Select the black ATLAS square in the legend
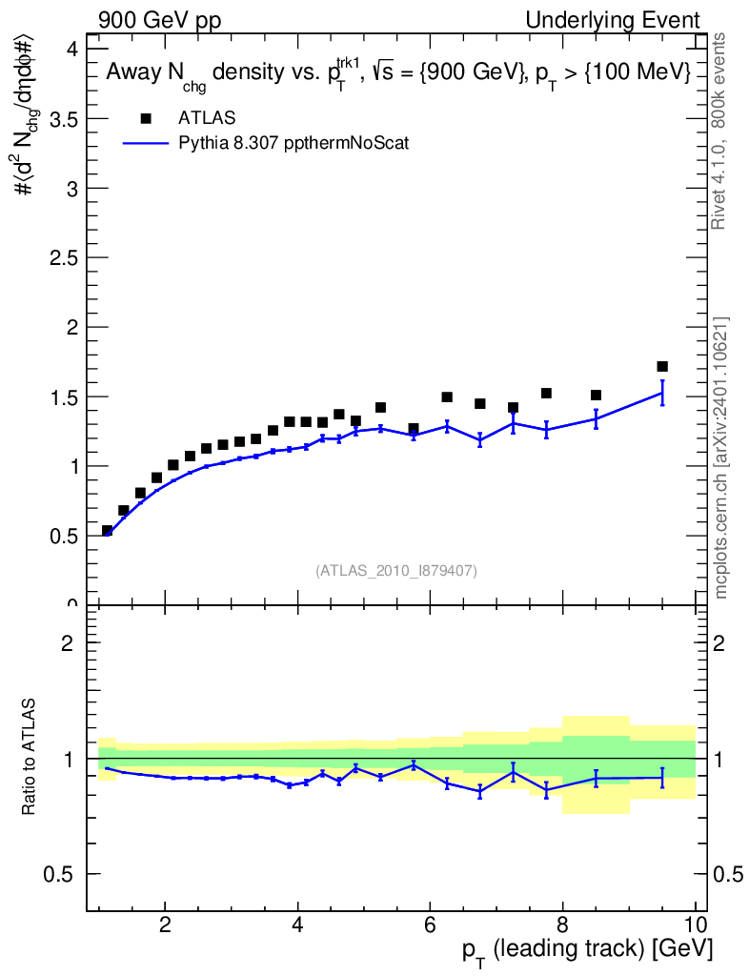pos(146,118)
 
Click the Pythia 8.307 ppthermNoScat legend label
pos(294,144)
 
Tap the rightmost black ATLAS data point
pos(662,366)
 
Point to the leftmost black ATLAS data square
pos(108,530)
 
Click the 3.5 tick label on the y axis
pos(65,118)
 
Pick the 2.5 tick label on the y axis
pos(65,257)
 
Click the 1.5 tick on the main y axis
pos(65,396)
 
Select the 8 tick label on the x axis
pos(562,924)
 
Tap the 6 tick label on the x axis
pos(430,924)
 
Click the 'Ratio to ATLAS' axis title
pos(30,758)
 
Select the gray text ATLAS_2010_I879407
pos(396,571)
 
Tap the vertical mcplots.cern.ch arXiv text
pos(721,457)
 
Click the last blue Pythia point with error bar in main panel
pos(662,393)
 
